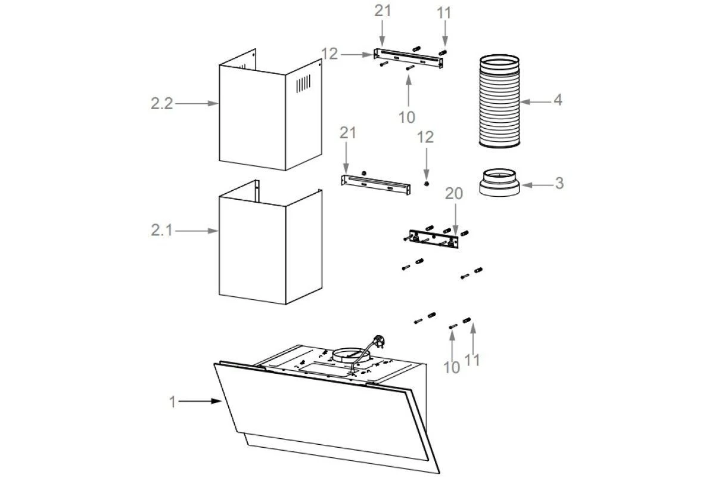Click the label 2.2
coord(162,104)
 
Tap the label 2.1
coord(161,230)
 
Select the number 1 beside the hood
coord(172,402)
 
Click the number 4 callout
coord(558,100)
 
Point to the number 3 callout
coord(559,183)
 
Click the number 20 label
coord(454,194)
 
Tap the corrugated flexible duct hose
coord(499,101)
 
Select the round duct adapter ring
coord(499,182)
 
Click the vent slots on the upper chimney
coord(303,83)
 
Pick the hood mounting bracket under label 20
coord(434,238)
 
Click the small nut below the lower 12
coord(427,184)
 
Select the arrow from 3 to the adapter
coord(537,185)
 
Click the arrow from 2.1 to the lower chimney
coord(197,231)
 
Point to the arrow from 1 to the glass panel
coord(200,401)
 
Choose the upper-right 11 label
coord(444,13)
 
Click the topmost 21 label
coord(383,11)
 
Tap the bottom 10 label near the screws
coord(452,368)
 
